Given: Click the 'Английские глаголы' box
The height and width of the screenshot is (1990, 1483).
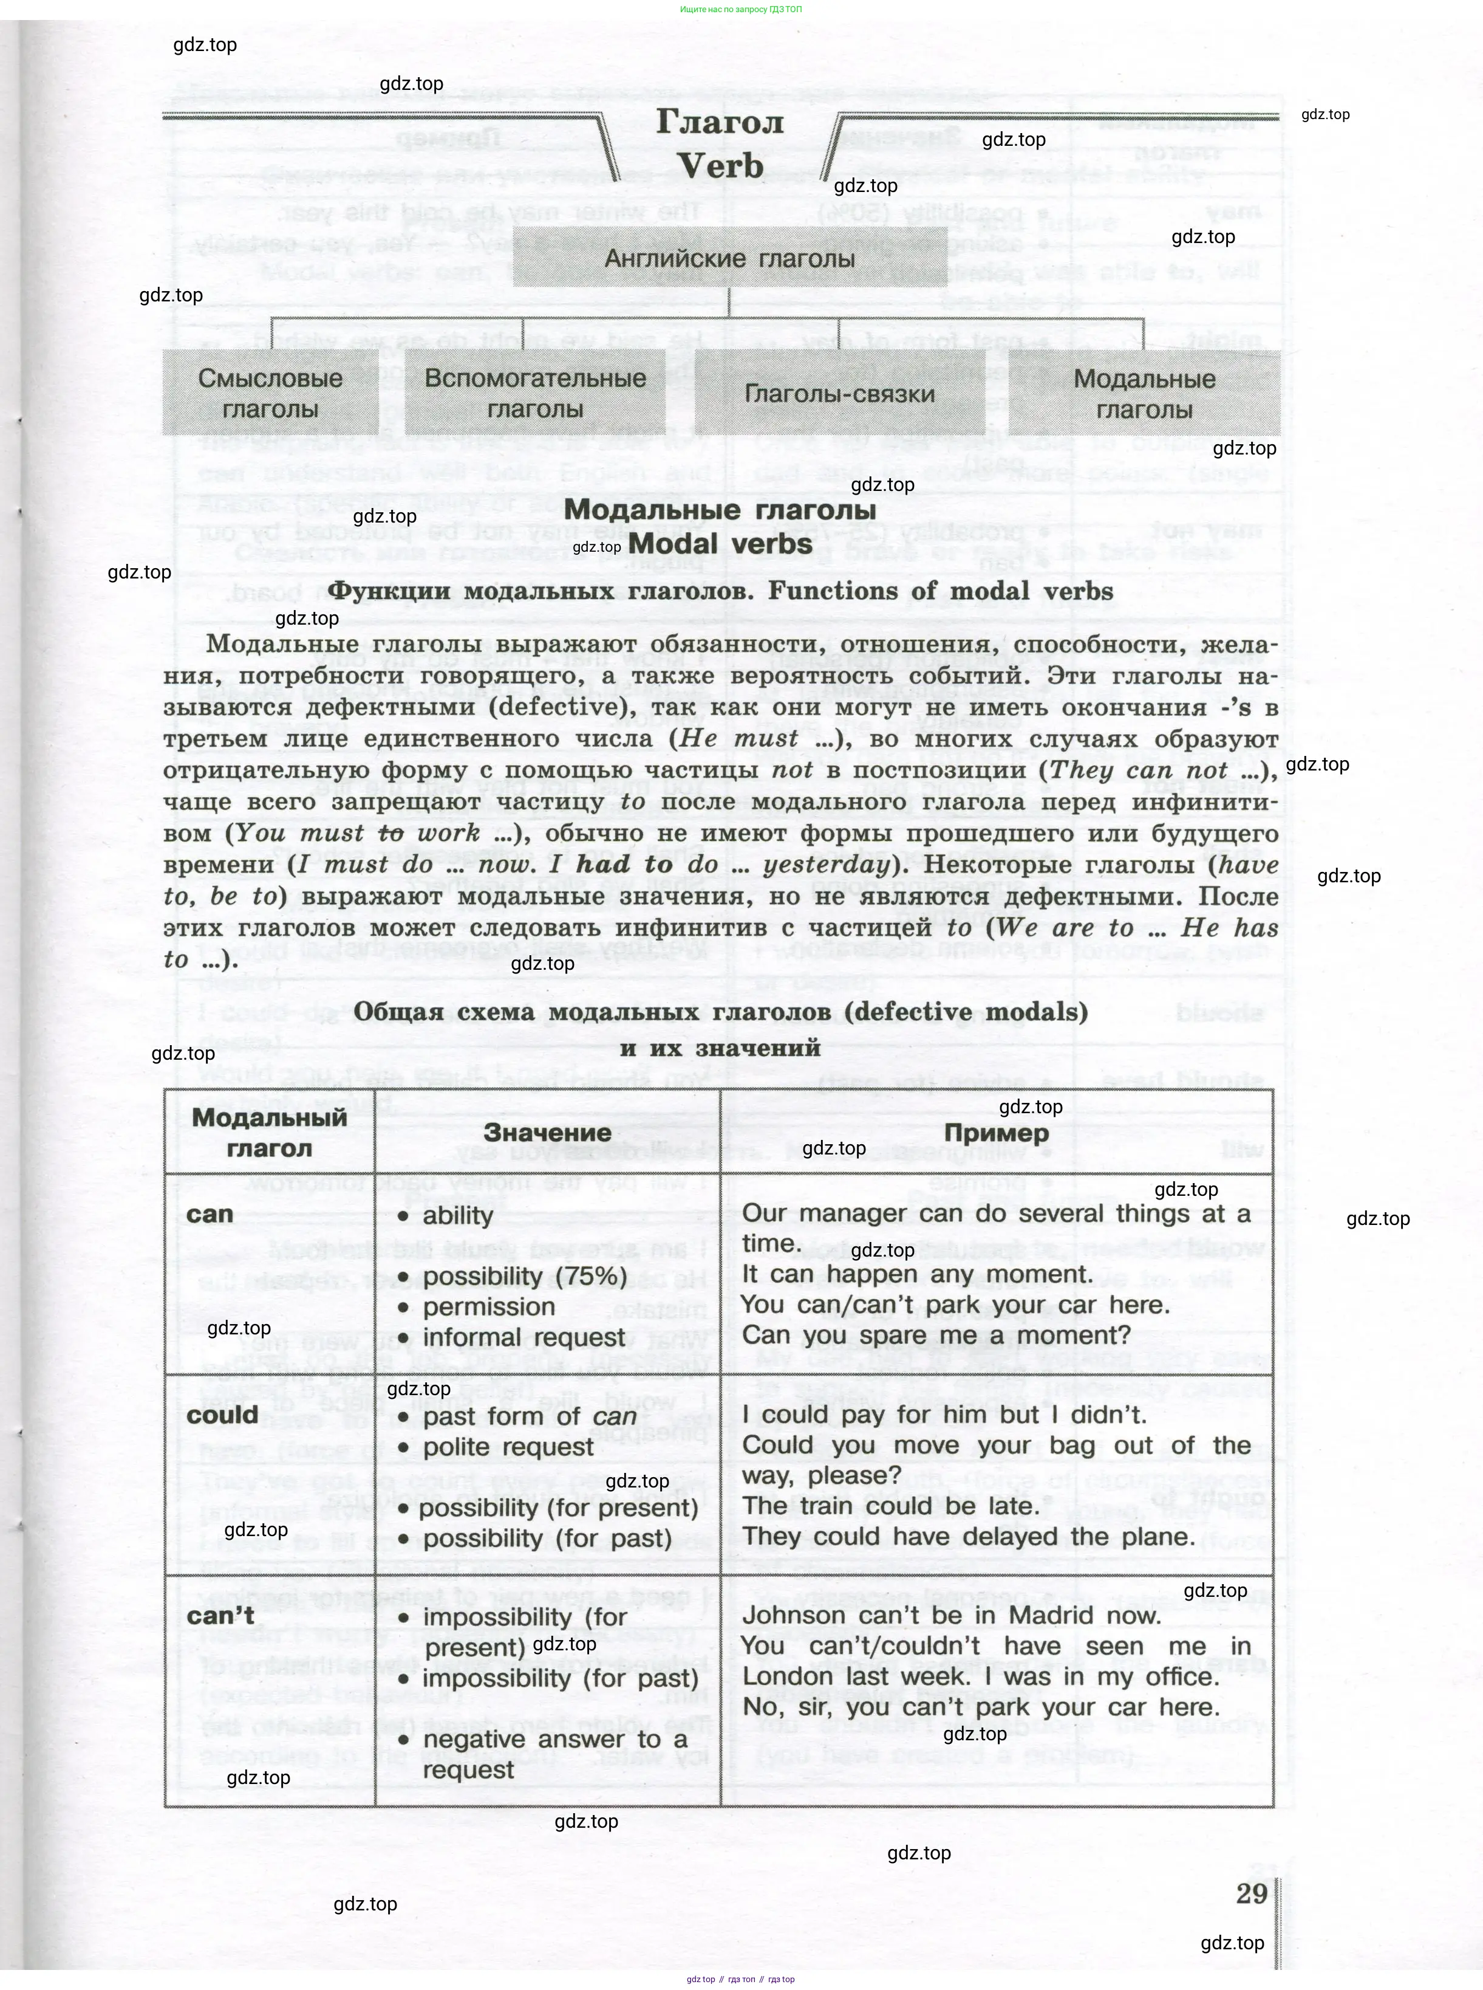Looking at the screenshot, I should coord(729,259).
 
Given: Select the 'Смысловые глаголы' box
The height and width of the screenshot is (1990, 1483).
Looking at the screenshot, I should coord(270,393).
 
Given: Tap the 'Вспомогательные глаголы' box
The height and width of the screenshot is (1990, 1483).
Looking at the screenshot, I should coord(535,393).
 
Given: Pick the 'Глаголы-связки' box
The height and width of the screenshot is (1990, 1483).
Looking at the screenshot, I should coord(839,393).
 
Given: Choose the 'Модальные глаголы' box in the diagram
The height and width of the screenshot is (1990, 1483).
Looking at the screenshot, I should coord(1145,393).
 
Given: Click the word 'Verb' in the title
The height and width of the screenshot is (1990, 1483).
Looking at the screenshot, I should coord(720,166).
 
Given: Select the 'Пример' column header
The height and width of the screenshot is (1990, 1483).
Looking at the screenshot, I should coord(997,1133).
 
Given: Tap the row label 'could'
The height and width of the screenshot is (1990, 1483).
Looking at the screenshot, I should coord(223,1415).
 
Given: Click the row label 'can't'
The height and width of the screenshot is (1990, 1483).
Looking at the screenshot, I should coord(221,1614).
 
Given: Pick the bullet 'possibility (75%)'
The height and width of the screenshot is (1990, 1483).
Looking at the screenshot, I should coord(525,1276).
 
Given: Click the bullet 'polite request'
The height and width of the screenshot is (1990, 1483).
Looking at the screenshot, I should coord(508,1447).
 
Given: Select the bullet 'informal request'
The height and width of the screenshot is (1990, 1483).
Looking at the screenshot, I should coord(524,1337).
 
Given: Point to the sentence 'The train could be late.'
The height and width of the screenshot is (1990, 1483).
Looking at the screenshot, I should coord(890,1506).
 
